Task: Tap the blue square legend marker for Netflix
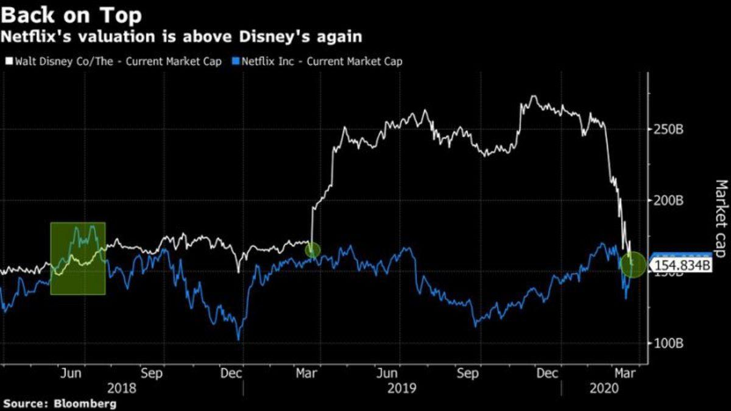tap(236, 61)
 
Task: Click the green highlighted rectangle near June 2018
tap(78, 258)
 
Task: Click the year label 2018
tap(121, 388)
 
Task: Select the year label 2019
tap(402, 388)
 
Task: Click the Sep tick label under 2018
tap(152, 373)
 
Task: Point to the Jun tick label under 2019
tap(387, 373)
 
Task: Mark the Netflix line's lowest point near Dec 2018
tap(239, 339)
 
